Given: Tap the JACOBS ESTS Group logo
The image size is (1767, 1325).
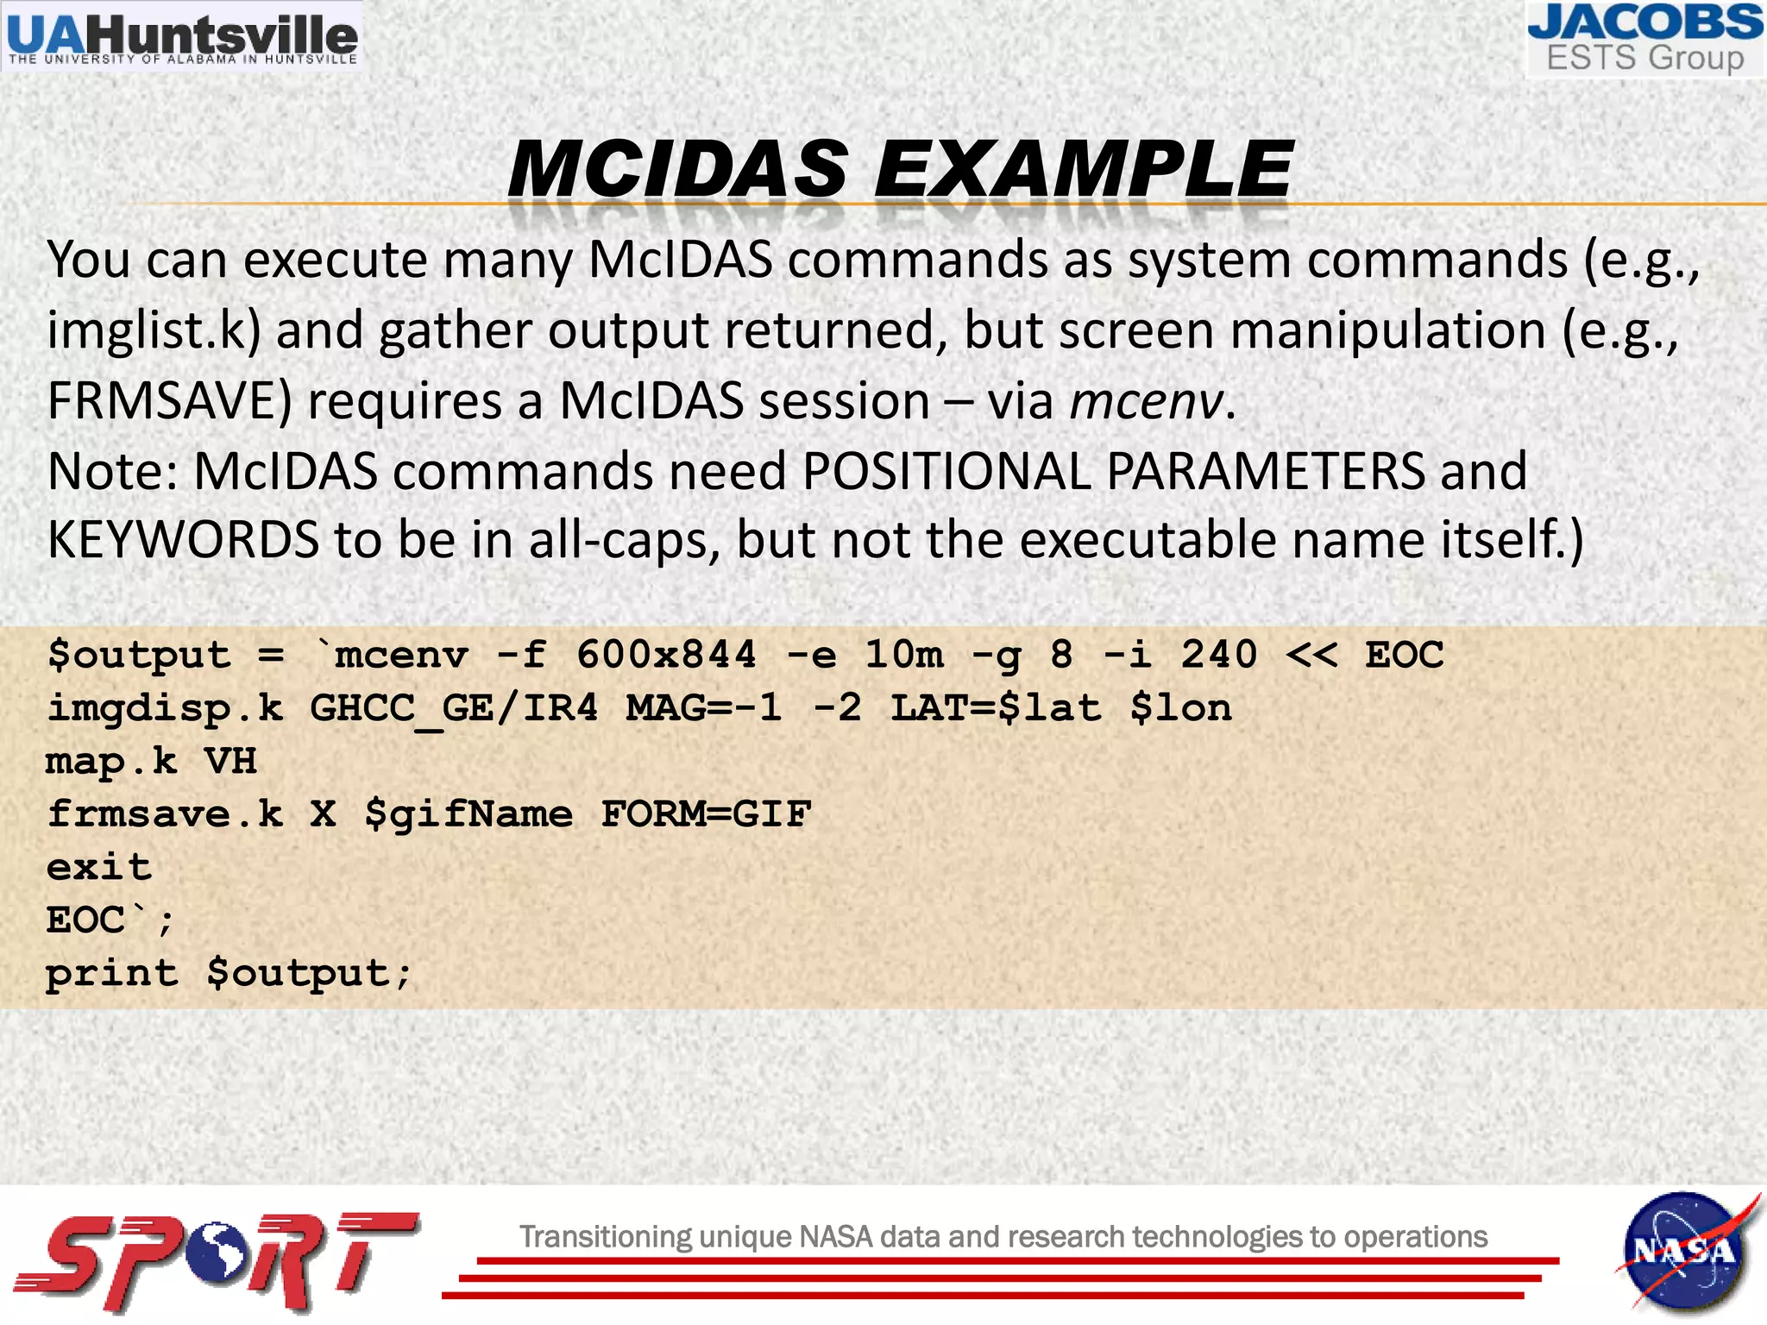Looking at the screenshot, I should [x=1644, y=39].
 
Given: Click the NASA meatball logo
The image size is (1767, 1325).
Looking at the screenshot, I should [x=1683, y=1251].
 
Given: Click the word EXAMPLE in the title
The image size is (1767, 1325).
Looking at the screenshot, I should [x=1084, y=169].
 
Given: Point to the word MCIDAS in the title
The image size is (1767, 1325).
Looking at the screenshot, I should [x=678, y=169].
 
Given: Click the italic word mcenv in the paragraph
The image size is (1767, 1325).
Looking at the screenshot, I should [x=1146, y=401].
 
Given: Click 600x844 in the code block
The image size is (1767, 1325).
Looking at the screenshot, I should [x=666, y=655].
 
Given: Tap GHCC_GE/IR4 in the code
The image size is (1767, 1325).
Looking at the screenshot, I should [x=454, y=709].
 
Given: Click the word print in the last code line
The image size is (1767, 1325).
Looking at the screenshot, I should [x=112, y=974].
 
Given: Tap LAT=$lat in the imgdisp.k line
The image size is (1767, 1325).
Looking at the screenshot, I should [x=997, y=709].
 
